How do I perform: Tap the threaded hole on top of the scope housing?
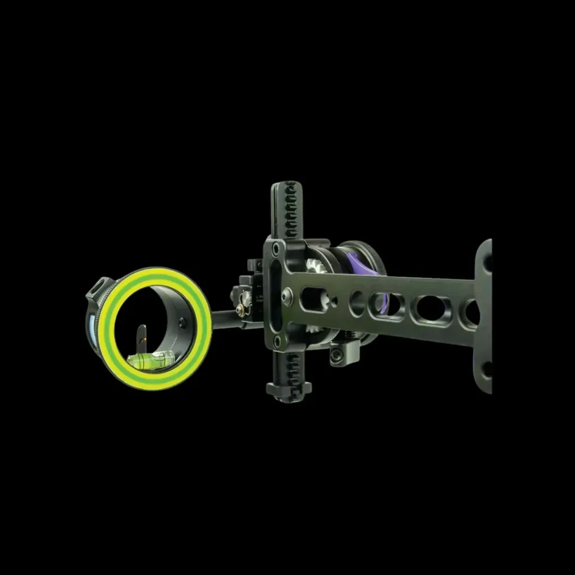pos(101,284)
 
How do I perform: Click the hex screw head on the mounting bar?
pos(287,295)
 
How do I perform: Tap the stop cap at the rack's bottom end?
pos(289,388)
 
